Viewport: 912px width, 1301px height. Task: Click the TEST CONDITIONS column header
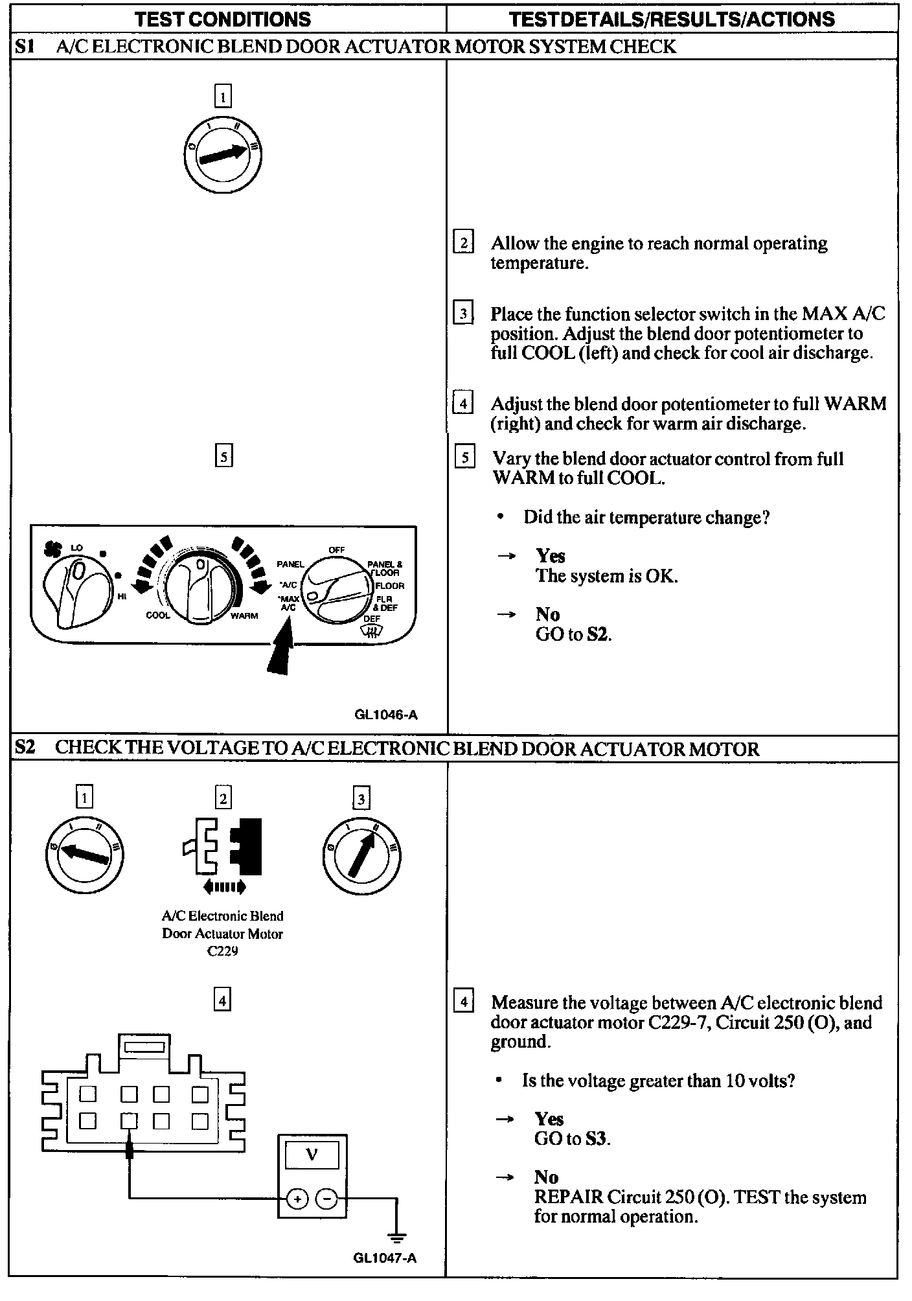[x=223, y=19]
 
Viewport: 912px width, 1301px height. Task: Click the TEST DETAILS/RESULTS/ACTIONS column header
[x=672, y=19]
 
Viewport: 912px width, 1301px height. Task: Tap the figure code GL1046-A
[x=386, y=715]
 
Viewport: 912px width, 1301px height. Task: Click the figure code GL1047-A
[x=385, y=1258]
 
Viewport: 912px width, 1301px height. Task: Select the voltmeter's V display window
[x=312, y=1155]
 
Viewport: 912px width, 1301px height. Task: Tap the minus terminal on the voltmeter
[x=326, y=1199]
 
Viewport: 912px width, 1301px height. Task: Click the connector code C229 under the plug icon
[x=222, y=951]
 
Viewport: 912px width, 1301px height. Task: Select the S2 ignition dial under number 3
[x=361, y=857]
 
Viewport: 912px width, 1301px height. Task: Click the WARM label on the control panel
[x=244, y=616]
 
